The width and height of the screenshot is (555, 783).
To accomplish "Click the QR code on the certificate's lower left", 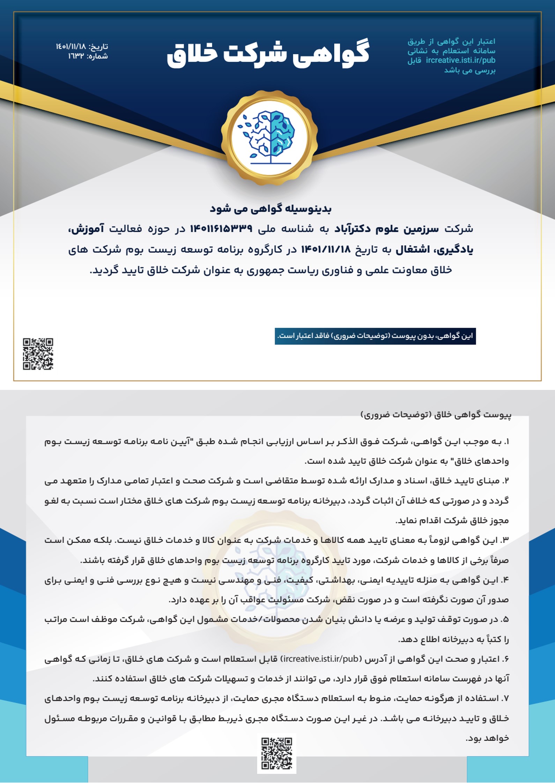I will coord(38,354).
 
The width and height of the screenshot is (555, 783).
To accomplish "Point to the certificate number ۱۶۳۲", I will coord(76,56).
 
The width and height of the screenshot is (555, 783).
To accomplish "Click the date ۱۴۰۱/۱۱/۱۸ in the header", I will coord(71,46).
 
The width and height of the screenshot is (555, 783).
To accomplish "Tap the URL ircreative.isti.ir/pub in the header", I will coord(460,60).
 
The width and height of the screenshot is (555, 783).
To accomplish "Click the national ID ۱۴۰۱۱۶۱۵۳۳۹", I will coord(221,229).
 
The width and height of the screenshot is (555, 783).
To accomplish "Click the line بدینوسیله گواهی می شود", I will coord(271,209).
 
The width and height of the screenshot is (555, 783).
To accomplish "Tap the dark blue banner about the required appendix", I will coord(375,336).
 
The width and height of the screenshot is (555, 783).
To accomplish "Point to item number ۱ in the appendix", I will coord(506,442).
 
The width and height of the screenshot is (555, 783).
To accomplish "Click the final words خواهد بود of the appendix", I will coord(487,738).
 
